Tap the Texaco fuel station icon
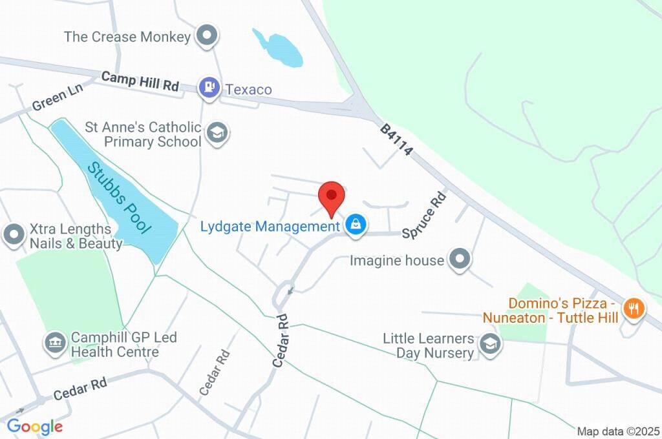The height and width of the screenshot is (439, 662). [209, 87]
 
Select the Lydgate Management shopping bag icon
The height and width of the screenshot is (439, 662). [355, 225]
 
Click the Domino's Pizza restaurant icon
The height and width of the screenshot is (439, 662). [634, 309]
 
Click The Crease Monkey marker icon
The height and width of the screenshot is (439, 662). [207, 36]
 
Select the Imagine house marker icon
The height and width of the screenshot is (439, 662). [460, 260]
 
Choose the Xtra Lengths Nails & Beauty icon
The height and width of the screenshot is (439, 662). [14, 236]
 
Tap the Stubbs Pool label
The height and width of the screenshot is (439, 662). [120, 198]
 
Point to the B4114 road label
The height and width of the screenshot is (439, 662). [397, 140]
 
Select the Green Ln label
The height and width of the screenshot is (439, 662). [58, 99]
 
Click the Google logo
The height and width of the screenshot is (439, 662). [34, 426]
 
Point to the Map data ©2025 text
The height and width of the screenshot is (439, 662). [617, 431]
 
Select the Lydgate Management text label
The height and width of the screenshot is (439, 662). [270, 227]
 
